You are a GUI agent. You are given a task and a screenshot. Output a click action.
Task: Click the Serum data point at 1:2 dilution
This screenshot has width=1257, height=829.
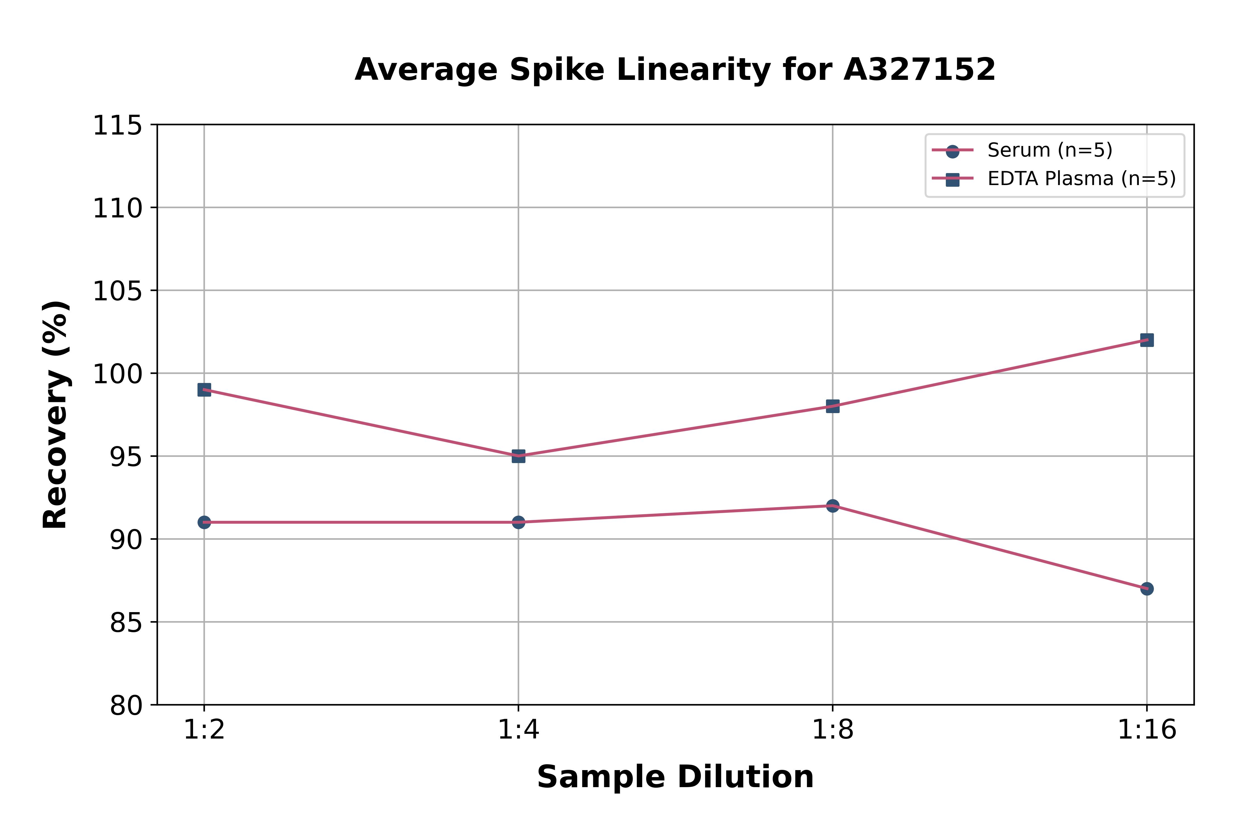204,522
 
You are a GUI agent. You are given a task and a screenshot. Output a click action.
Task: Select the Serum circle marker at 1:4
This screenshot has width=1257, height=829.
518,522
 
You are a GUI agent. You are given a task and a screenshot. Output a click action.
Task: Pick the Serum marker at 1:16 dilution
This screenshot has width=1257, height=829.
1147,588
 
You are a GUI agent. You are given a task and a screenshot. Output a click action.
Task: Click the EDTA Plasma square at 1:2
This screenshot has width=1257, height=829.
204,390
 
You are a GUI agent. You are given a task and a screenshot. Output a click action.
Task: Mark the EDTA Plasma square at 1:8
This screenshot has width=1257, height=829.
833,406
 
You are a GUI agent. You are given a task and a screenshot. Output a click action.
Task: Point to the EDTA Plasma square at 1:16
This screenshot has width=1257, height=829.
1147,340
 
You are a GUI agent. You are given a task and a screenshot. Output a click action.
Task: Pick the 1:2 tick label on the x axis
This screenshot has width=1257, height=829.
204,730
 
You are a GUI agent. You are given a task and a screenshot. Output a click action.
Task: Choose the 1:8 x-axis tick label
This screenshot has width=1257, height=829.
833,730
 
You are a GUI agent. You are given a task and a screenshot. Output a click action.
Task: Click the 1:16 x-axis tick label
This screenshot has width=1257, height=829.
1147,730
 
